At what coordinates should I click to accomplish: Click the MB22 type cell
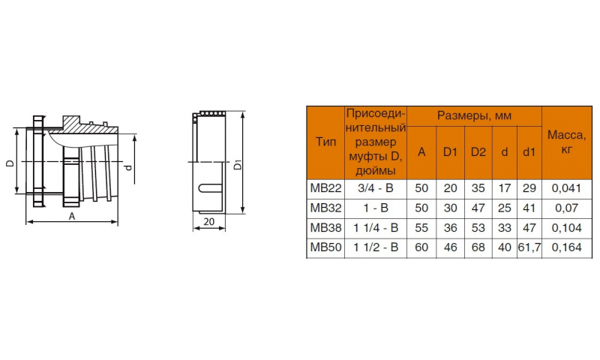(325, 188)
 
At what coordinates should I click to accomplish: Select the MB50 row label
(325, 247)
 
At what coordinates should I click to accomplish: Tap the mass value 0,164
(566, 247)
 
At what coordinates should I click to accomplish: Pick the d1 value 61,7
(529, 247)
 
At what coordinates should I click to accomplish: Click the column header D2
(478, 152)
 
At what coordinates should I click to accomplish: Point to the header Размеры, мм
(474, 115)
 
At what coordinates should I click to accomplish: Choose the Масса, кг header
(566, 142)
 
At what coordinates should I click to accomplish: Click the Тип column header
(325, 142)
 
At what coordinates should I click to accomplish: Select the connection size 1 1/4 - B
(376, 228)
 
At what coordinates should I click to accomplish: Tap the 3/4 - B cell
(376, 188)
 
